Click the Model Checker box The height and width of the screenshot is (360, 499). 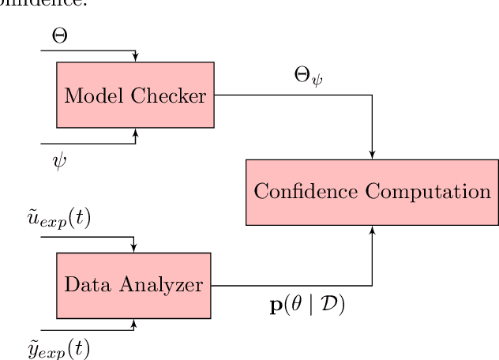135,95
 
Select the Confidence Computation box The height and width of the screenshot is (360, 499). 372,192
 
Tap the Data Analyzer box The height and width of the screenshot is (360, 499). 133,285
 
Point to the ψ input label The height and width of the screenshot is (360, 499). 59,162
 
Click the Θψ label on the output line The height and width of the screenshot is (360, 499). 308,79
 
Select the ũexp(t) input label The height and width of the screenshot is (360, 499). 59,219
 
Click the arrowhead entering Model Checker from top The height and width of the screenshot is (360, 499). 136,58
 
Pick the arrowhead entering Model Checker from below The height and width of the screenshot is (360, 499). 136,132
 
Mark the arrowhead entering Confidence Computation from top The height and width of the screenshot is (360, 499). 372,155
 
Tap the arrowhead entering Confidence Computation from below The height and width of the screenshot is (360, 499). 372,229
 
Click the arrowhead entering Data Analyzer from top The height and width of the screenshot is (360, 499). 133,248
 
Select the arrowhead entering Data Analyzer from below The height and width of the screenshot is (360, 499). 133,322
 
